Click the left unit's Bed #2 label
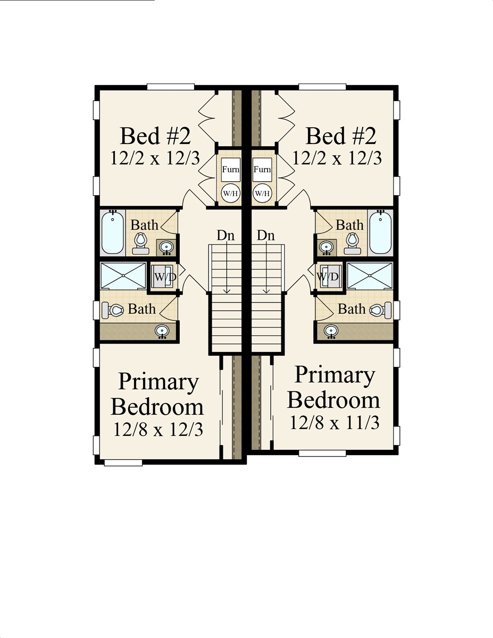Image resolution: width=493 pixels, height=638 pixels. click(155, 136)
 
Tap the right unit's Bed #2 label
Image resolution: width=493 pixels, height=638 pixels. click(341, 136)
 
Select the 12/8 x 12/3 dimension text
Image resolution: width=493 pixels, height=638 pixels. click(158, 429)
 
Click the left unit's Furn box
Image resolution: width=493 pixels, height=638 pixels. click(230, 170)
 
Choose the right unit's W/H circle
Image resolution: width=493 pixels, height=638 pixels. click(262, 193)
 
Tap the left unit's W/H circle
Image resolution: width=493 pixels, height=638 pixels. click(230, 193)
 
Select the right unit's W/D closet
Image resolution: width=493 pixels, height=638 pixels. click(328, 276)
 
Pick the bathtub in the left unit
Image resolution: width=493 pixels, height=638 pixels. click(113, 233)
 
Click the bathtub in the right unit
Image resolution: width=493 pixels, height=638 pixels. click(381, 233)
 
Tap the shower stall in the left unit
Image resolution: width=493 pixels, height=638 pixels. click(123, 276)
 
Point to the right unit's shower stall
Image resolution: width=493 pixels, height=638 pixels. click(370, 276)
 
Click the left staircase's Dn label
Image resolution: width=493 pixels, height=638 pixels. click(225, 236)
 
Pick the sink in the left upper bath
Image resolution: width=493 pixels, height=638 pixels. click(166, 247)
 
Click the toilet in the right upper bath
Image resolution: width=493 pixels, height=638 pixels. click(352, 242)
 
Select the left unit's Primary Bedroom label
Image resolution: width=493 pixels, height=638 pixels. click(157, 394)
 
